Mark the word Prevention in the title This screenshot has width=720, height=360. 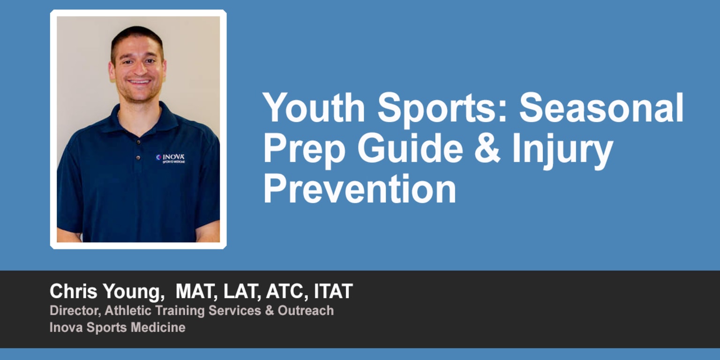click(x=360, y=188)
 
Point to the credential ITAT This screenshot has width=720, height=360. click(x=333, y=292)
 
